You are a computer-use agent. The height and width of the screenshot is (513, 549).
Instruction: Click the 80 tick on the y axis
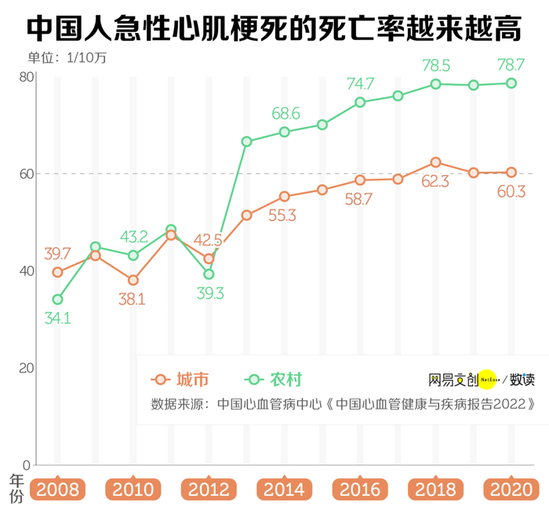(24, 76)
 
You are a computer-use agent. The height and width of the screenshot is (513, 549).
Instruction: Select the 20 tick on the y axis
(24, 367)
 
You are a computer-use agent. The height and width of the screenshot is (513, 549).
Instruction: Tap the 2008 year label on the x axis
(58, 490)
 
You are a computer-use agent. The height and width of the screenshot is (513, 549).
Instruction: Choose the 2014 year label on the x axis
(285, 490)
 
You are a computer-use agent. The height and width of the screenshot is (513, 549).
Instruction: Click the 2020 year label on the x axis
(511, 490)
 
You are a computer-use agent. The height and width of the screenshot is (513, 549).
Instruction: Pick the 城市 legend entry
(181, 380)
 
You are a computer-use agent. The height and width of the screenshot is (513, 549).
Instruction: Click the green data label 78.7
(511, 64)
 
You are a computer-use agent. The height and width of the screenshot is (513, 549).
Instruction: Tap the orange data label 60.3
(511, 191)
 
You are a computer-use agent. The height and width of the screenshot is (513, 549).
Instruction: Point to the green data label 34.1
(57, 318)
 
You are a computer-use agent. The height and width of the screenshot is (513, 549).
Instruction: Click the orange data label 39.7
(57, 253)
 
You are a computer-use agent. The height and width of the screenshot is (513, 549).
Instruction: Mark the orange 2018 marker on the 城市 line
(435, 162)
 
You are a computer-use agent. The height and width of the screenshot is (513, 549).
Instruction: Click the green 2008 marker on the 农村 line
(57, 299)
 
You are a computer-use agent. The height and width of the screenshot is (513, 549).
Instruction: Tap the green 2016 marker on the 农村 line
(360, 102)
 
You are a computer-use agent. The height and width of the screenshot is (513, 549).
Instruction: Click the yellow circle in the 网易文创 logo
(488, 380)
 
